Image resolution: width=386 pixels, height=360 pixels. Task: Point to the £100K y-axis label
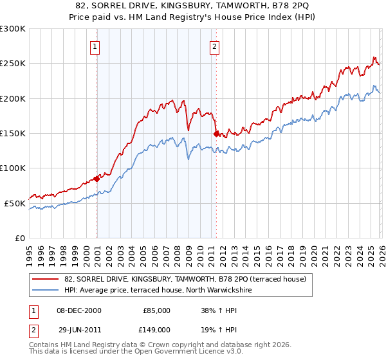pyautogui.click(x=13, y=168)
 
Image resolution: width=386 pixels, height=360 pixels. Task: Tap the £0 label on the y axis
pyautogui.click(x=20, y=238)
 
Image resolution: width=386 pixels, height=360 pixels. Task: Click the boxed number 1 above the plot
pyautogui.click(x=95, y=46)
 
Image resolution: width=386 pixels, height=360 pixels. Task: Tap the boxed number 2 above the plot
pyautogui.click(x=214, y=46)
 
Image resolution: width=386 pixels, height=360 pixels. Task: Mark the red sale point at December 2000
pyautogui.click(x=96, y=179)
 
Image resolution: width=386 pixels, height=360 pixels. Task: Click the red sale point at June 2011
pyautogui.click(x=216, y=134)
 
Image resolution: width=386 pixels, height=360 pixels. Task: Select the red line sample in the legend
pyautogui.click(x=45, y=279)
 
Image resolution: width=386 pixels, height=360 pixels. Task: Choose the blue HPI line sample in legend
pyautogui.click(x=45, y=290)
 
